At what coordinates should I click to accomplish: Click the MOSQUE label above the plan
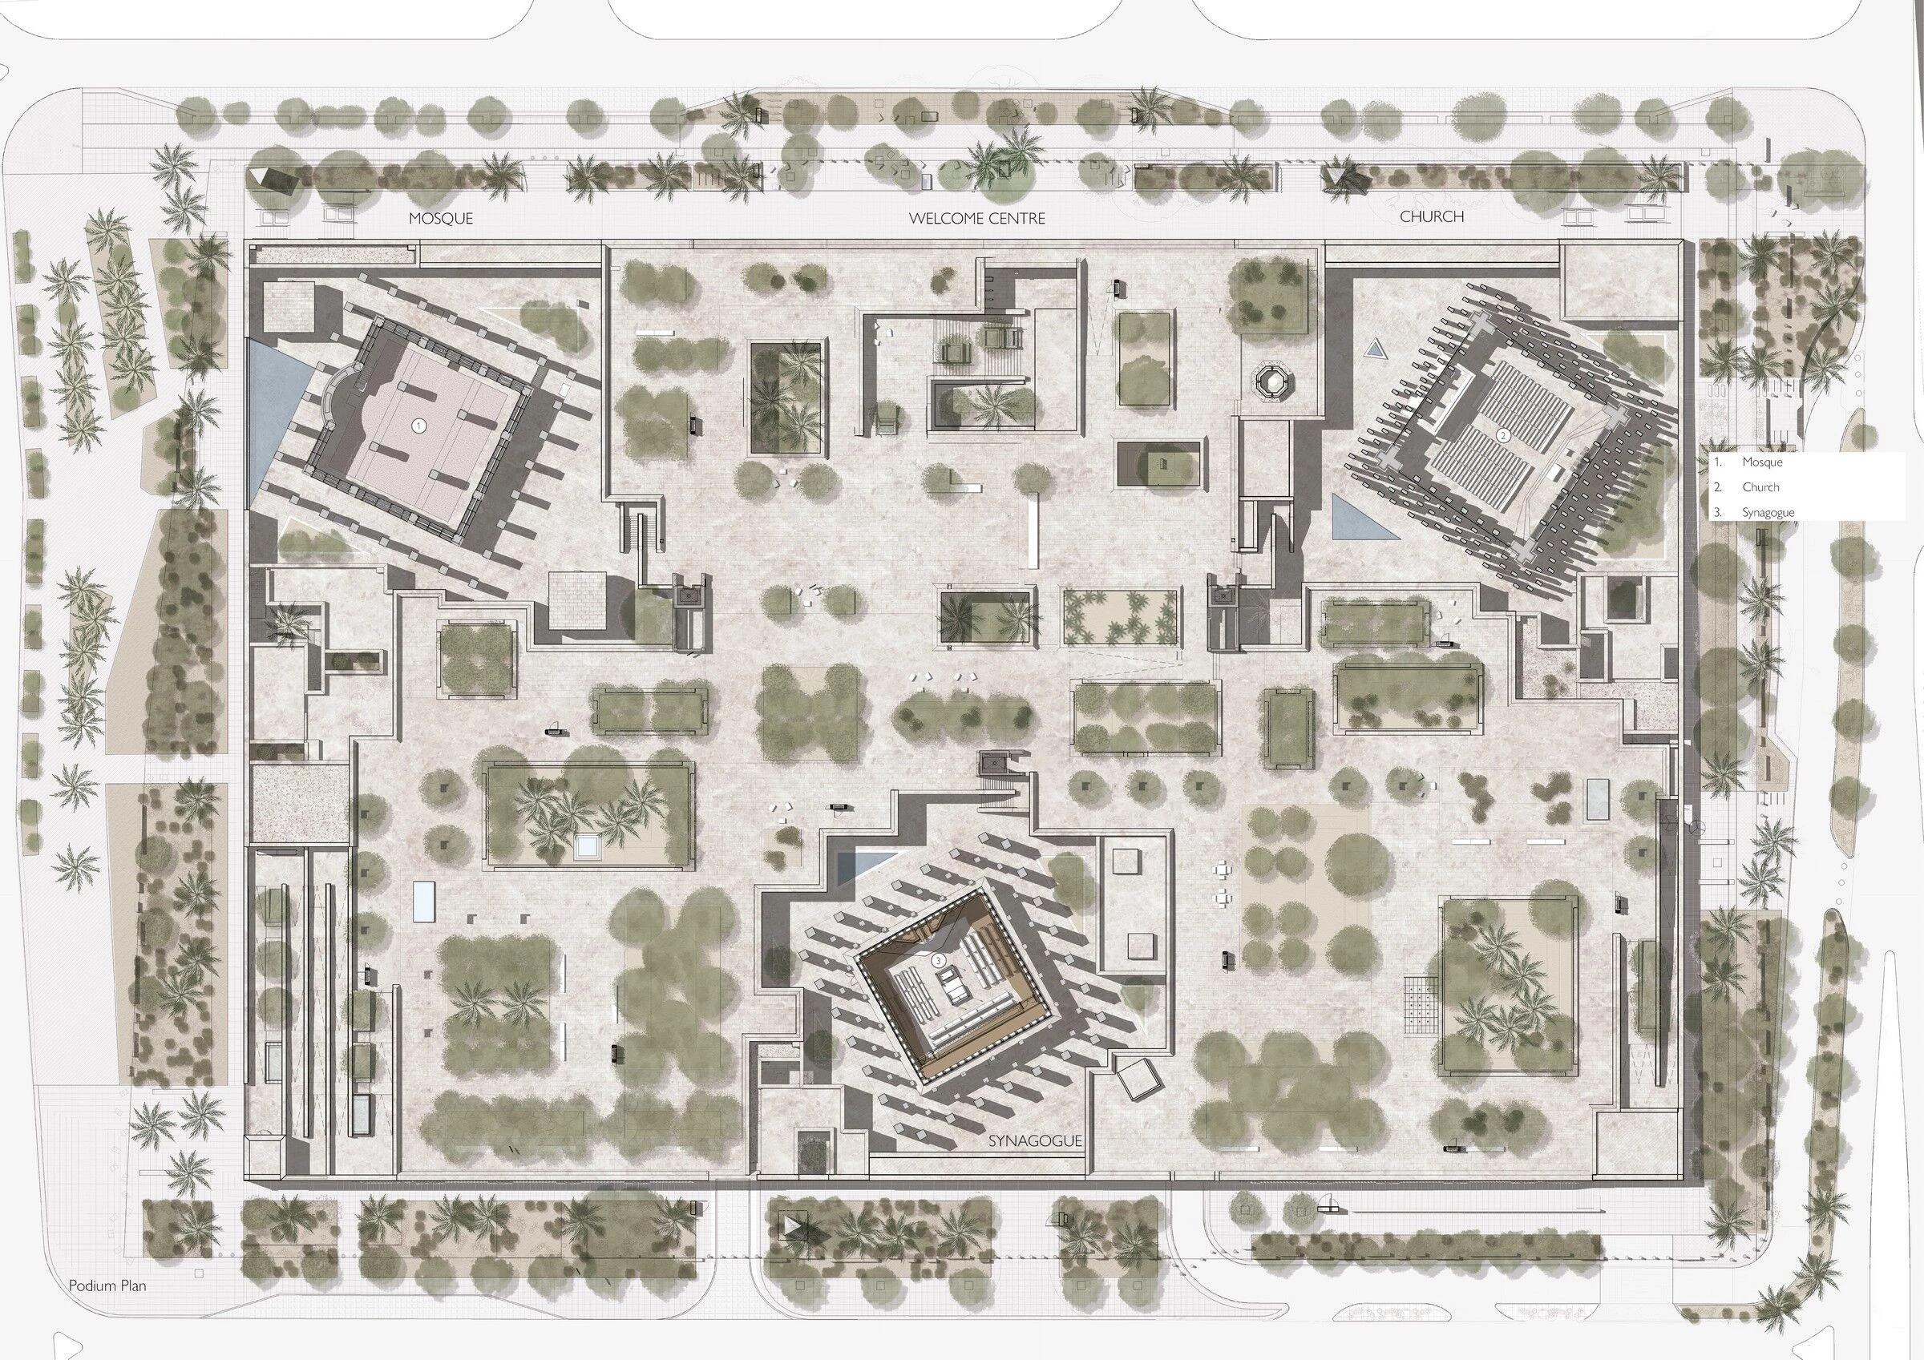tap(441, 219)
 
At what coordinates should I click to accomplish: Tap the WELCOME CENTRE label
tap(977, 219)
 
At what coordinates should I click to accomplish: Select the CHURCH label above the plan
tap(1432, 216)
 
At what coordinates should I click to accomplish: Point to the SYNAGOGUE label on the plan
tap(1035, 1141)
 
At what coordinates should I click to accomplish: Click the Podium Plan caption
tap(107, 1285)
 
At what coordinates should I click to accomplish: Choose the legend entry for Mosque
tap(1761, 462)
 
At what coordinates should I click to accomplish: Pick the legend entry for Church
tap(1760, 486)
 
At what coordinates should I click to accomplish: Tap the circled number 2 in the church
tap(1503, 436)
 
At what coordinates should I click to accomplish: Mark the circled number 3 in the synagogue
tap(940, 958)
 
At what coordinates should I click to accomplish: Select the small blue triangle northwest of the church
tap(1372, 349)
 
